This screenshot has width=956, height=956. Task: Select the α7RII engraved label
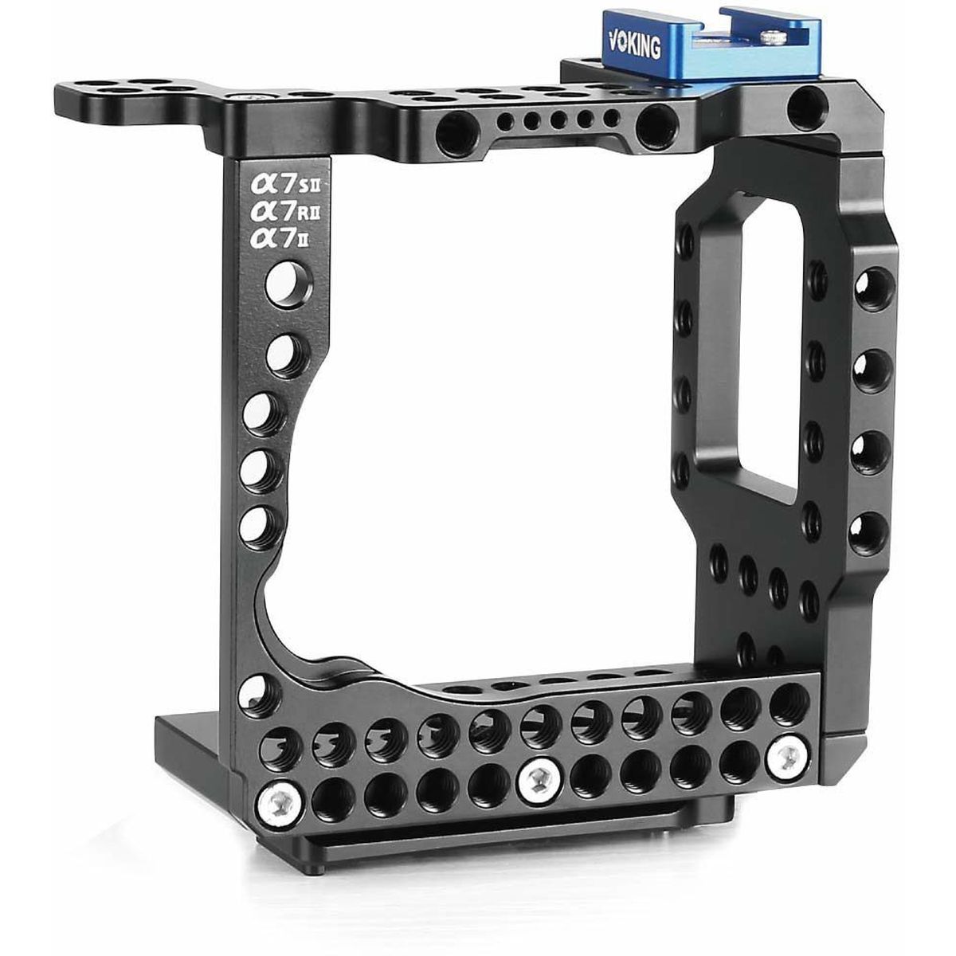pos(284,212)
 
